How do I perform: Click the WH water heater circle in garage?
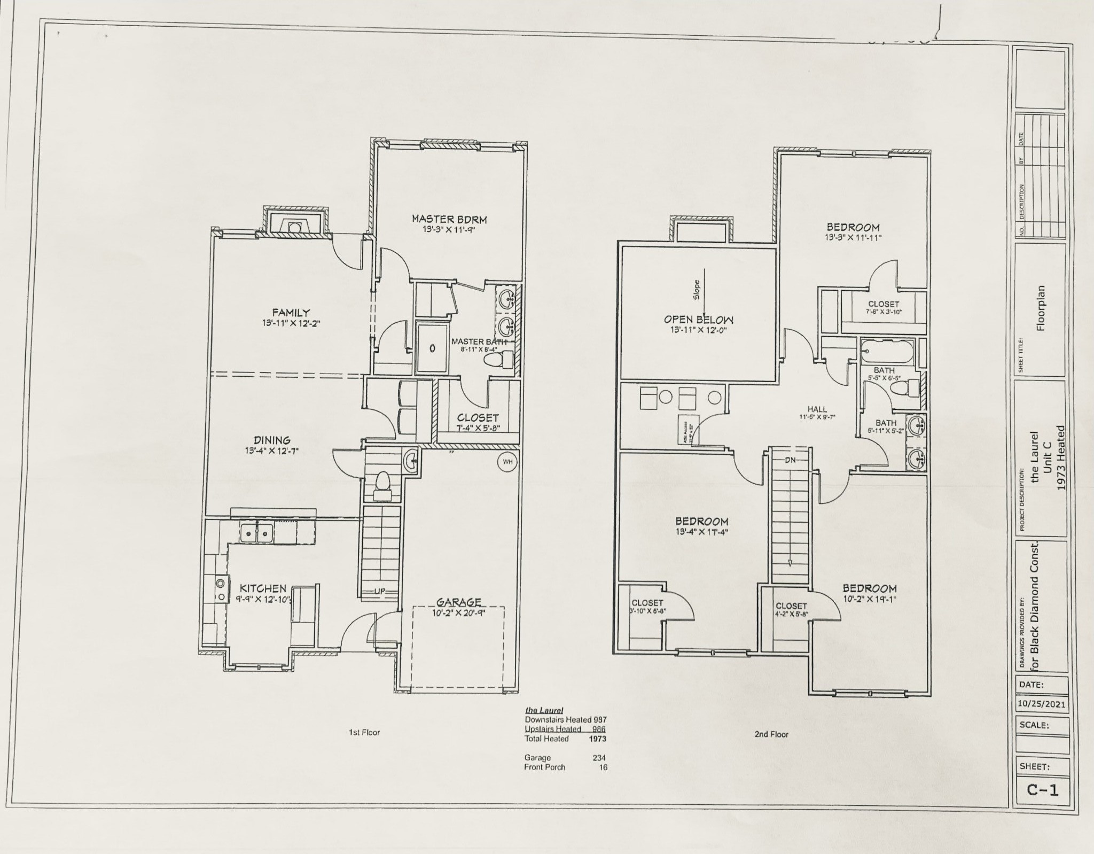click(507, 462)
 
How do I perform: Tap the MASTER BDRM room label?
click(449, 219)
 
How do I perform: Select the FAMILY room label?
click(291, 313)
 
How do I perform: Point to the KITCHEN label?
click(262, 588)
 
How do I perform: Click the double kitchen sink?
click(257, 532)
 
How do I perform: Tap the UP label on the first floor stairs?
click(379, 591)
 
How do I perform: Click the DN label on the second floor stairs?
click(791, 460)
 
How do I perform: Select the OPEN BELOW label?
click(698, 320)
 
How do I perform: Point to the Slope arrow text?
click(697, 289)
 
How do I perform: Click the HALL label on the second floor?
click(817, 409)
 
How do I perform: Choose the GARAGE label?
click(459, 602)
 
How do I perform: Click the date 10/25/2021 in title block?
click(1041, 704)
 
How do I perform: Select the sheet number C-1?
click(1042, 789)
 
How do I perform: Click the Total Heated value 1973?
click(597, 739)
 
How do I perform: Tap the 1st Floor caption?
click(364, 732)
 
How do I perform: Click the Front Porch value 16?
click(603, 767)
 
